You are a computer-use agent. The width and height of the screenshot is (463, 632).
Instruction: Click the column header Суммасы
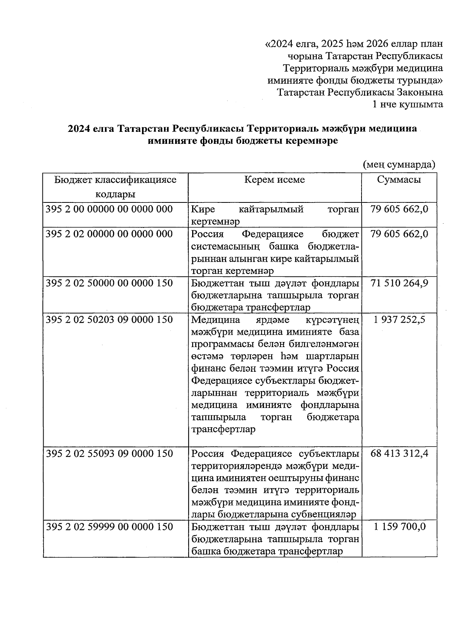tap(399, 180)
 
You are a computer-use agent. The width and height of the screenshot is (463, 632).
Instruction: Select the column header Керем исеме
tap(274, 180)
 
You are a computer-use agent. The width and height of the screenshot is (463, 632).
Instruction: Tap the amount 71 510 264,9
tap(399, 283)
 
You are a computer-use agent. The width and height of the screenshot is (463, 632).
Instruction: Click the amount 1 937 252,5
tap(399, 320)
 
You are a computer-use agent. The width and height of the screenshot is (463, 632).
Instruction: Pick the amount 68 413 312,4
tap(399, 453)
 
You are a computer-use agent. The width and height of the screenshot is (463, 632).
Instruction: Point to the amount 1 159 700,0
tap(399, 527)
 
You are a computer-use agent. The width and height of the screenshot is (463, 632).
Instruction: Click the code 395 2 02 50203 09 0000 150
tap(109, 320)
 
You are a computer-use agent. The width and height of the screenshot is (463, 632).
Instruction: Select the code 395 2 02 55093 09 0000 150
tap(109, 453)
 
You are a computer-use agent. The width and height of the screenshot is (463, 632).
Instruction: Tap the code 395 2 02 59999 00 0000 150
tap(109, 527)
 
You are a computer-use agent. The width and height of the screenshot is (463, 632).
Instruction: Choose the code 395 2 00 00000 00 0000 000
tap(109, 209)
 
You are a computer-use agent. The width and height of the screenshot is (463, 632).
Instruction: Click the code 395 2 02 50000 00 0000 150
tap(109, 283)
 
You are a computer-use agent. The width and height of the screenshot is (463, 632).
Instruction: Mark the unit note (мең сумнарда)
tap(399, 165)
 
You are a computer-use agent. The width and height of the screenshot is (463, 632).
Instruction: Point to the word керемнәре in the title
tap(311, 141)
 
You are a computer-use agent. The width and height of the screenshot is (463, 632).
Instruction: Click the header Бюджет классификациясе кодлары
tap(115, 187)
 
